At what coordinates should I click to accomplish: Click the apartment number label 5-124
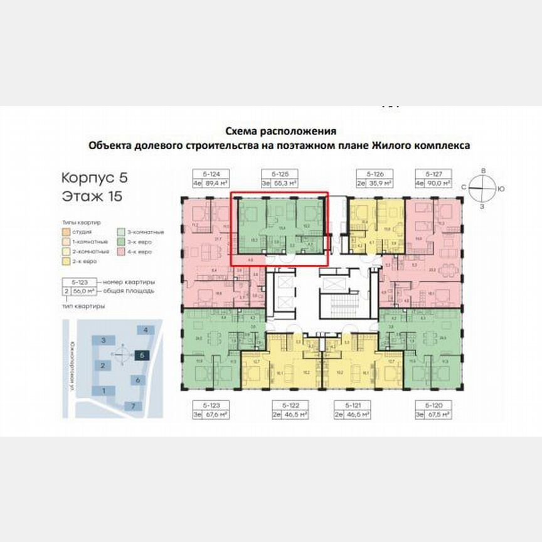(x=202, y=173)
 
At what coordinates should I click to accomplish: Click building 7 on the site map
(x=133, y=406)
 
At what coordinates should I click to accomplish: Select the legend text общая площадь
(x=129, y=291)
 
